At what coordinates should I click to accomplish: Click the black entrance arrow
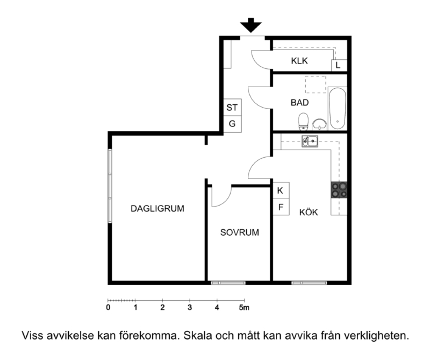tap(251, 25)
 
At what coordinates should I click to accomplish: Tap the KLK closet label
tap(299, 61)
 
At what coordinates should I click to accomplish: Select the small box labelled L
tap(339, 65)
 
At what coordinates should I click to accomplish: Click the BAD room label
tap(300, 103)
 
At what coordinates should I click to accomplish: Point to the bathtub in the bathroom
tap(337, 108)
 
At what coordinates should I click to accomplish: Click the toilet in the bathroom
tap(303, 121)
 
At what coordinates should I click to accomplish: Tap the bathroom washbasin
tap(319, 124)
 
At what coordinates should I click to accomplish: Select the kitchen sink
tap(310, 141)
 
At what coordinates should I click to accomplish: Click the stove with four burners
tap(339, 190)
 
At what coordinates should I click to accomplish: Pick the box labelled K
tap(281, 190)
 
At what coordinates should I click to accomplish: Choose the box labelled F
tap(281, 207)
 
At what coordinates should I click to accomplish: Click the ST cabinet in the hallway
tap(232, 108)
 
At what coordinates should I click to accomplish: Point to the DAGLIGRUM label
tap(157, 208)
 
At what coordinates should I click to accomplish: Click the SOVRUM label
tap(240, 232)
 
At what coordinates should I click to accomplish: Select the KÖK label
tap(309, 212)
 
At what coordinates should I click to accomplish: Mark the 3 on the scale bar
tap(190, 308)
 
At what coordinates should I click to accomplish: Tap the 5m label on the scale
tap(244, 308)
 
